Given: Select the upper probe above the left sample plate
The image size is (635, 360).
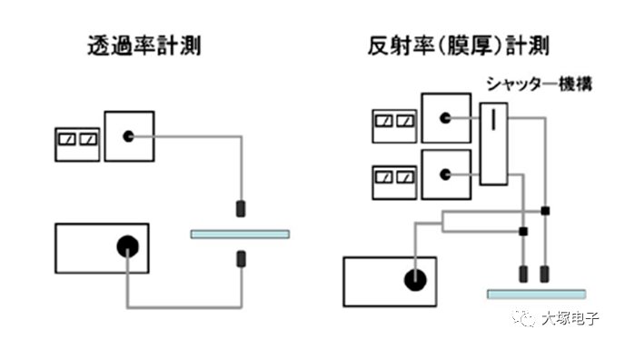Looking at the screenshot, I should point(242,208).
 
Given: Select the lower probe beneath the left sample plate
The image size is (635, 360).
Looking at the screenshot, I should point(242,259).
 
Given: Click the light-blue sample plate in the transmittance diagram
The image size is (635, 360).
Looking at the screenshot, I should point(240,234).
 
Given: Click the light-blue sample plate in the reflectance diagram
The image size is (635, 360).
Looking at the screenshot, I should point(536,294).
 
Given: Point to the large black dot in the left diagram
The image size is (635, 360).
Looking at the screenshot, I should point(127,246).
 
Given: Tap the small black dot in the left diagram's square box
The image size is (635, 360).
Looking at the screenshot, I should point(129,136).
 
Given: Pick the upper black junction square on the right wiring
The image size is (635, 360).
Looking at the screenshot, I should point(544,211).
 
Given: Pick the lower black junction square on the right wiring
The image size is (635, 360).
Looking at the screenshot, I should point(523,232).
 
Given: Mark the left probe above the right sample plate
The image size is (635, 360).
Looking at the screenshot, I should point(524,274).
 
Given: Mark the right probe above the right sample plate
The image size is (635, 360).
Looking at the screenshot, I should point(545,274).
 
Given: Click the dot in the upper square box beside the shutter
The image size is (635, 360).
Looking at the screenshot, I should point(445,118).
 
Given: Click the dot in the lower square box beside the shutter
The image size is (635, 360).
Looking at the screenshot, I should point(445,173).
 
